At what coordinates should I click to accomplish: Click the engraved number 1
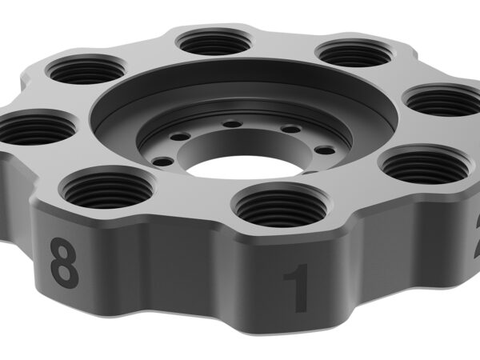[296, 289]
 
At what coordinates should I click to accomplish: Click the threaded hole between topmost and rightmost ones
[352, 54]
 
